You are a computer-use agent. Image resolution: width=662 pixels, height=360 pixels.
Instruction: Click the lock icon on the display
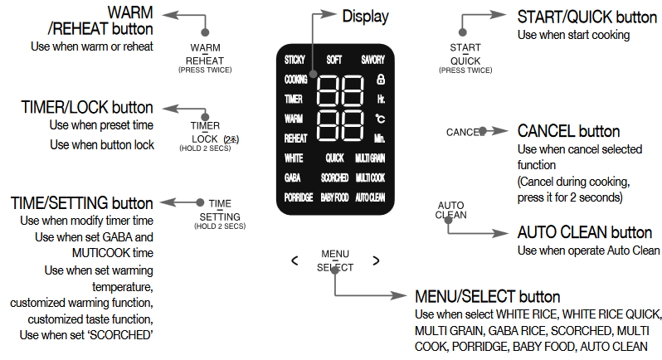coord(381,79)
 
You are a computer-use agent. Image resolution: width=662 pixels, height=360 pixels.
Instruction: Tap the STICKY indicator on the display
coord(294,60)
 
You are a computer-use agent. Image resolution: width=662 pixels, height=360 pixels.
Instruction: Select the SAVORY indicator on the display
coord(372,60)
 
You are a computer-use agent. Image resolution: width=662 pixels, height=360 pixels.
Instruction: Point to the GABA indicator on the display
coord(293,178)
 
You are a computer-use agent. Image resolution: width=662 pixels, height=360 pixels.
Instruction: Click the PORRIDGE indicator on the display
coord(299,197)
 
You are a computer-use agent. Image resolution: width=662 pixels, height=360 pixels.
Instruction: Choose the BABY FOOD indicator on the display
coord(335,197)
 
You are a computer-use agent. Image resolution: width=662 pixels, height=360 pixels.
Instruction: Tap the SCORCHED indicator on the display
coord(335,178)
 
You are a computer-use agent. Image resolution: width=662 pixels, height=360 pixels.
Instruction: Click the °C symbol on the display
coord(381,119)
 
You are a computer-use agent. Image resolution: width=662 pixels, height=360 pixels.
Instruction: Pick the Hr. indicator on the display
coord(381,99)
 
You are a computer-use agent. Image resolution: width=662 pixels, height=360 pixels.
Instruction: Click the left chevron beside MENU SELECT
coord(294,260)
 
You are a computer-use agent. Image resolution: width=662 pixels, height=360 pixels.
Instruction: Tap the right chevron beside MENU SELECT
coord(376,260)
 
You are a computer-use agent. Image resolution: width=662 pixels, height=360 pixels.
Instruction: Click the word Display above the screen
coord(365,17)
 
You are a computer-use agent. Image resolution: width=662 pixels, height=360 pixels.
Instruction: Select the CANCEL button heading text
coord(568,131)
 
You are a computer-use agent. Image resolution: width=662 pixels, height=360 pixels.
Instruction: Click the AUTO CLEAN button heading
coord(585,232)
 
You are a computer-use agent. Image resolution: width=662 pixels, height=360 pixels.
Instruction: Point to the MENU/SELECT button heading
coord(488,297)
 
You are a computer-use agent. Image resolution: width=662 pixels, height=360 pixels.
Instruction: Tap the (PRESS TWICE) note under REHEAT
coord(205,70)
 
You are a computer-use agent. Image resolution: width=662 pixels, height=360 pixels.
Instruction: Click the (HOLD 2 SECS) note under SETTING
coord(220,226)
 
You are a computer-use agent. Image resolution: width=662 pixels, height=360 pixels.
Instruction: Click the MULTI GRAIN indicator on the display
coord(370,158)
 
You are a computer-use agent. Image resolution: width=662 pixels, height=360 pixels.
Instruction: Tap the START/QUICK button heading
coord(587,17)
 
